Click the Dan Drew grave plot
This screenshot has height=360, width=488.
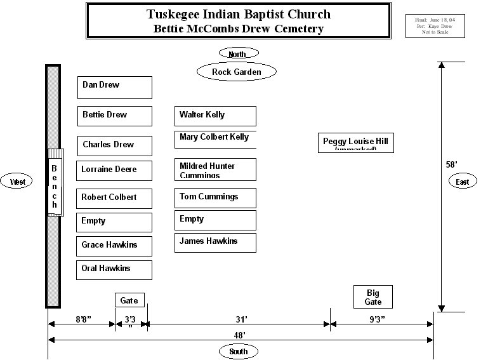(x=114, y=87)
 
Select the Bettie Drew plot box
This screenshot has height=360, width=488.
(x=114, y=116)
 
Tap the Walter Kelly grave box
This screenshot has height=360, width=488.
(x=215, y=116)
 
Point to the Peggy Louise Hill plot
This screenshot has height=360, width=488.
(x=355, y=143)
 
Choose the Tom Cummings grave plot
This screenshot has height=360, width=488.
(x=215, y=197)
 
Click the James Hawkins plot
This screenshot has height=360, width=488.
(x=215, y=243)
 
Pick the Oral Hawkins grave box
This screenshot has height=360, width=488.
(x=114, y=270)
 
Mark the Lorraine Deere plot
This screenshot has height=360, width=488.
(x=114, y=171)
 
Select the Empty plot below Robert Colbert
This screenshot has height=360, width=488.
(x=114, y=222)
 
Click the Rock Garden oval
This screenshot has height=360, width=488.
(x=237, y=72)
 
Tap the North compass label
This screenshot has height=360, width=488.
(x=237, y=54)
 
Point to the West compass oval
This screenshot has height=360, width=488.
(x=18, y=182)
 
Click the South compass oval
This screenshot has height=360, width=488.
(x=239, y=351)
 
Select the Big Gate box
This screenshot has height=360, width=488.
(x=373, y=297)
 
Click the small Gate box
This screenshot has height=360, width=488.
(x=129, y=300)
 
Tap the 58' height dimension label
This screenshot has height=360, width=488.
(x=452, y=164)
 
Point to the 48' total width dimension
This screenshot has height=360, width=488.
(x=240, y=335)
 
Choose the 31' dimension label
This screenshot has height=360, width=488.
(x=241, y=319)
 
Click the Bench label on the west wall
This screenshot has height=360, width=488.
(x=55, y=186)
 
